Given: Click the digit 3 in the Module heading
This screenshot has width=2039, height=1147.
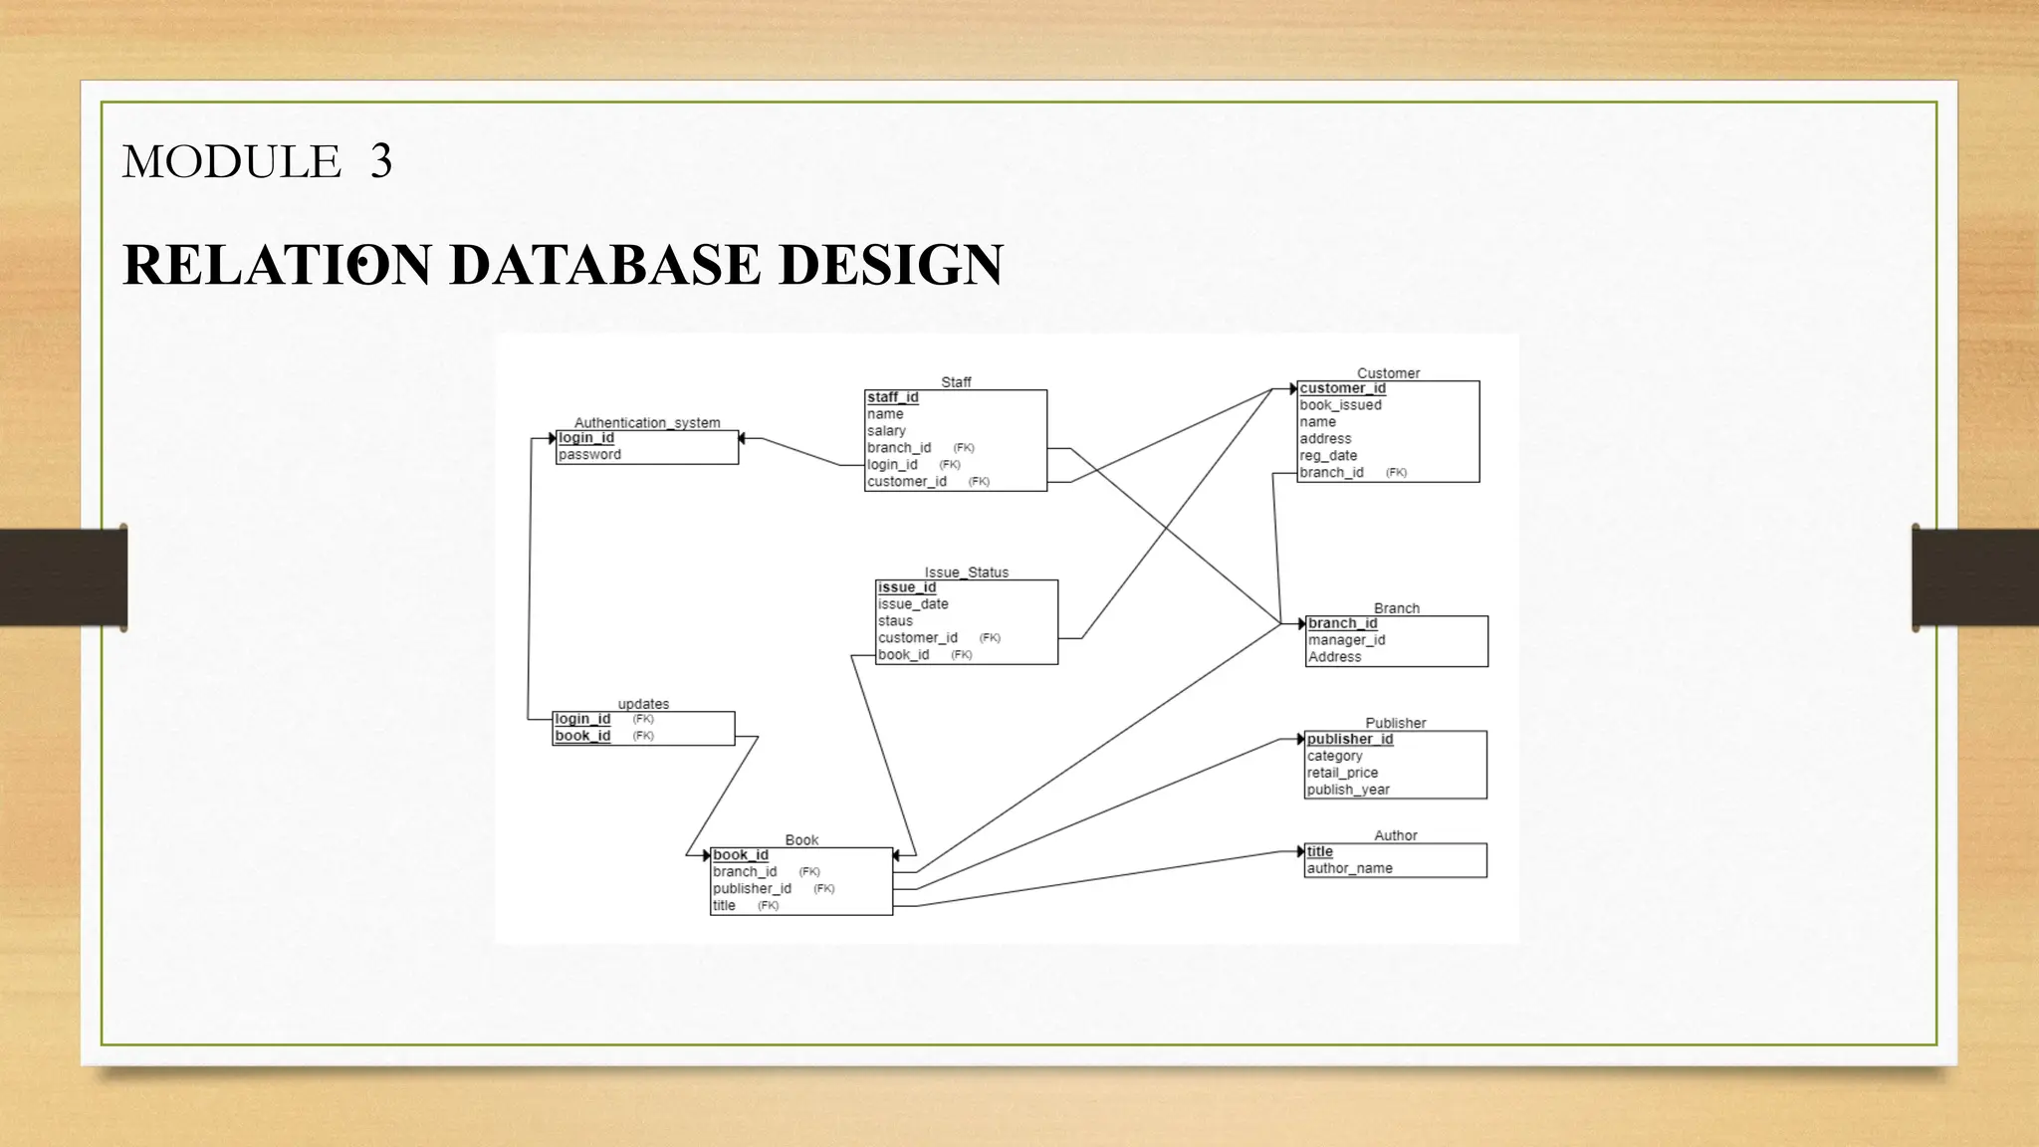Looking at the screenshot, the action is click(381, 161).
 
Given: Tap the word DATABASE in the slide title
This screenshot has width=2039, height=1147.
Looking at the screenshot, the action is click(604, 265).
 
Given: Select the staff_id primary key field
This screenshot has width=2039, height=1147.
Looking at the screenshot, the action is click(892, 397).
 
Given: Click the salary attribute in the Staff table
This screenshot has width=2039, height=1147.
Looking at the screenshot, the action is click(886, 431).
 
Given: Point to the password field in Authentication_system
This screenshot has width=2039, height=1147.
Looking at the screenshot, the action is click(589, 455).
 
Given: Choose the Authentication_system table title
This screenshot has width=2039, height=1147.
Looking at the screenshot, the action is click(647, 423).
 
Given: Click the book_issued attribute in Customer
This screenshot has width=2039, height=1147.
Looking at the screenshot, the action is click(1340, 405).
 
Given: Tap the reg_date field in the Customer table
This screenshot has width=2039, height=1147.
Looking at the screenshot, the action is click(1328, 456).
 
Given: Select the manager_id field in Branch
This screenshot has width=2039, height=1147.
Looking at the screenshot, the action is click(1346, 640).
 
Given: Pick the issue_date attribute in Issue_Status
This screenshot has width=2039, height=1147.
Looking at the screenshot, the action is click(913, 604).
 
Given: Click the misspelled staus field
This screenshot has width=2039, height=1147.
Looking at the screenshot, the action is click(895, 621).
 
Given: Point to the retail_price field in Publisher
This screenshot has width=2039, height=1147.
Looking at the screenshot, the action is click(1342, 773).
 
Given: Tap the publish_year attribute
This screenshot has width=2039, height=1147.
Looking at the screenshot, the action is click(1348, 790).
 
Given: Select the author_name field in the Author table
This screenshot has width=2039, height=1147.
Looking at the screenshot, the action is click(1349, 868).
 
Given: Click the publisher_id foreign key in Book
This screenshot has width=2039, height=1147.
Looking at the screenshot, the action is click(752, 889).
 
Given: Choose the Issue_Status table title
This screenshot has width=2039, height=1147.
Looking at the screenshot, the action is click(966, 573).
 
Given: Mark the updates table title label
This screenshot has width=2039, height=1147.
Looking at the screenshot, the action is click(643, 704).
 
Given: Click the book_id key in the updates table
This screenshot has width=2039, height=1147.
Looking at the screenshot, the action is click(582, 736).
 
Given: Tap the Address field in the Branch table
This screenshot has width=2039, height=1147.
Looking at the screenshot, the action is click(1334, 657).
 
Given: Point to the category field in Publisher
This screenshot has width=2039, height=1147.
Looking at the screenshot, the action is click(1334, 756).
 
